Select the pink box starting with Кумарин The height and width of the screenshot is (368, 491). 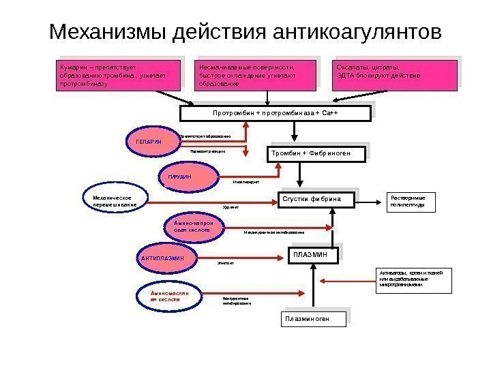click(x=117, y=76)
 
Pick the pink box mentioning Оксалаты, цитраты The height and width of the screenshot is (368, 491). click(x=395, y=76)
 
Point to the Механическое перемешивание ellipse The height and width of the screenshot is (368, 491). click(x=116, y=200)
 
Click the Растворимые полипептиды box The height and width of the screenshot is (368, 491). click(x=411, y=202)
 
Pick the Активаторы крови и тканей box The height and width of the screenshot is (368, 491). click(x=414, y=280)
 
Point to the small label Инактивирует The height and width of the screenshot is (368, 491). click(x=246, y=182)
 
